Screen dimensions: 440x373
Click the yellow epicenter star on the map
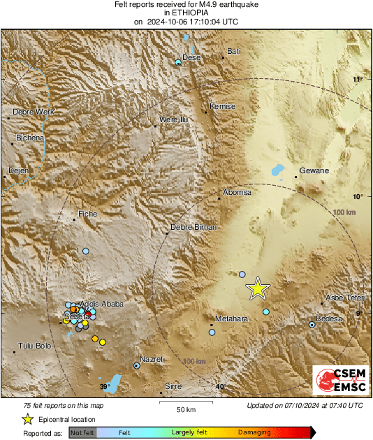pos(258,288)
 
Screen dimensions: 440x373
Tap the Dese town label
pos(191,57)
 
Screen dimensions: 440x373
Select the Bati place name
pos(234,51)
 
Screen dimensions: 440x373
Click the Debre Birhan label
pos(194,227)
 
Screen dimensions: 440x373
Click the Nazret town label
pos(152,359)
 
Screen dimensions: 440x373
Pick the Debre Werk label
pos(34,112)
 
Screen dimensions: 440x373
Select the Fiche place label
pos(88,213)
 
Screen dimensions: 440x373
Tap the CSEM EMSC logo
pos(337,382)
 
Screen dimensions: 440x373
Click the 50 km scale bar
pos(185,403)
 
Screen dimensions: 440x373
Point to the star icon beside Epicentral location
pos(27,419)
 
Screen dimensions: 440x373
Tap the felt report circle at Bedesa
pos(312,325)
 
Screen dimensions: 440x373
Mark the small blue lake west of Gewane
pos(277,169)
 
